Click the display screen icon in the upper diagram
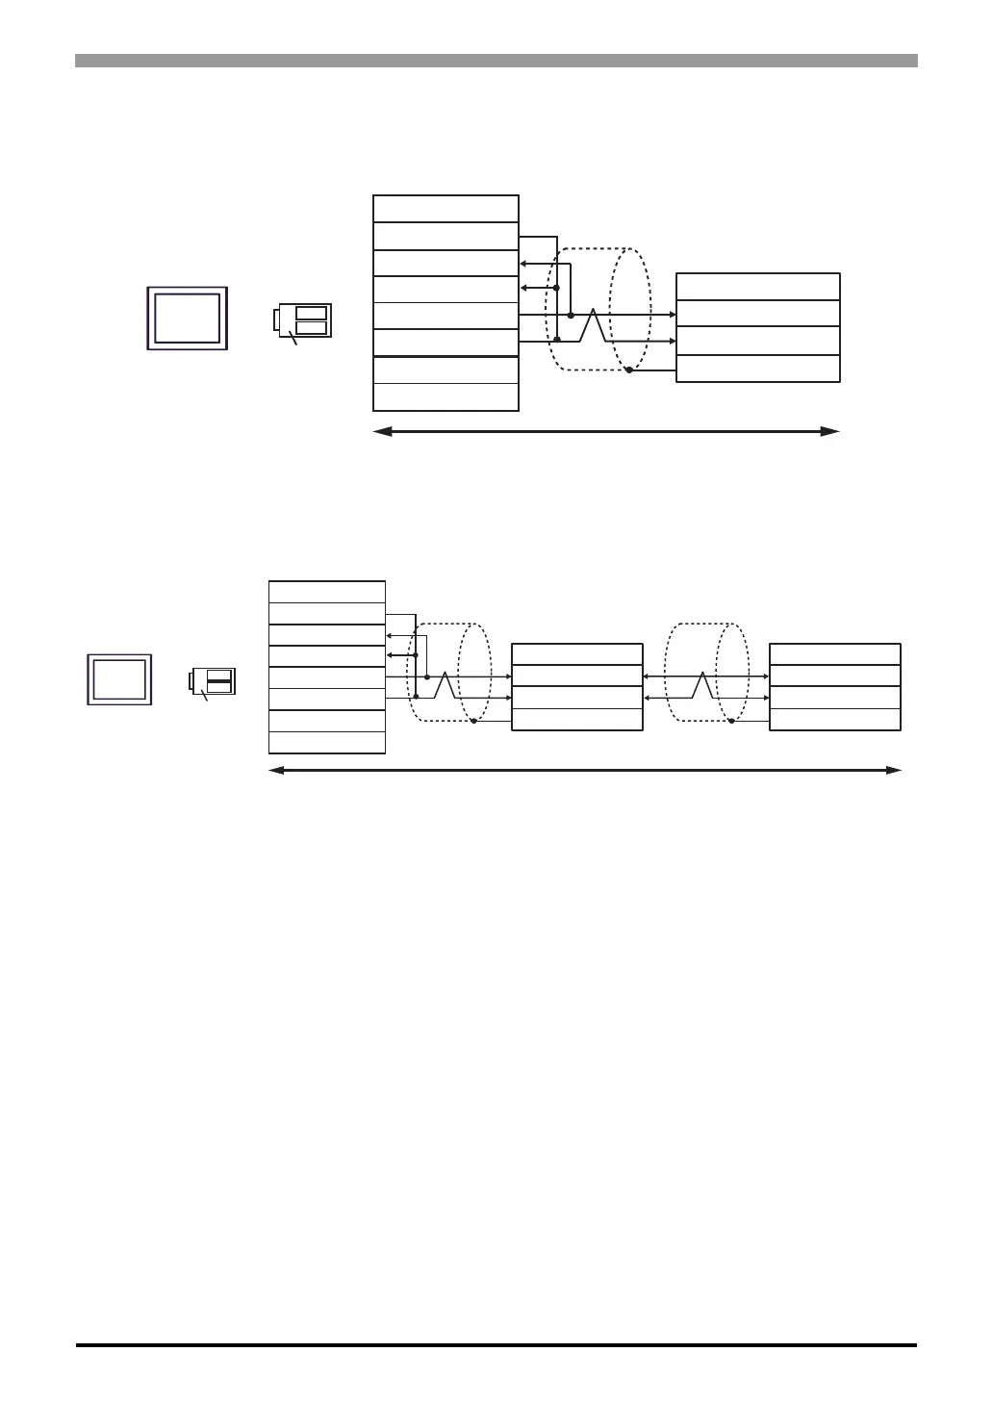tap(187, 318)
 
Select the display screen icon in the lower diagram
tap(118, 679)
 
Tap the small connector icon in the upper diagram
tap(303, 320)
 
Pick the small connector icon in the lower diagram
tap(213, 680)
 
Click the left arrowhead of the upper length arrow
tap(381, 432)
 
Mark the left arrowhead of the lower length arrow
tap(276, 770)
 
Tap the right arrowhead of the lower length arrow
tap(894, 770)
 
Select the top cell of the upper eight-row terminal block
tap(446, 209)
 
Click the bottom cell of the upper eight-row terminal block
tap(446, 397)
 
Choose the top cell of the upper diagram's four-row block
tap(758, 287)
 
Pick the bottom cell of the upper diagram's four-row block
tap(758, 369)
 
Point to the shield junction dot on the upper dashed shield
tap(628, 370)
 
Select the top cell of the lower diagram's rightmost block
tap(835, 654)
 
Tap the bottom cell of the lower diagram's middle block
tap(576, 720)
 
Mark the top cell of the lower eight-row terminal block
tap(327, 592)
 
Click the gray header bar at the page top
tap(496, 61)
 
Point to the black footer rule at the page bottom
tap(496, 1345)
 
